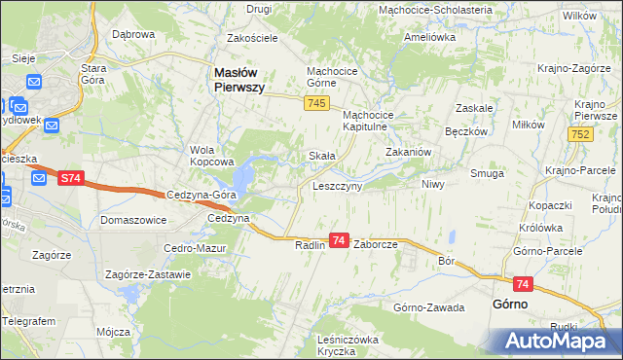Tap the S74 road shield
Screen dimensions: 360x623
[69, 178]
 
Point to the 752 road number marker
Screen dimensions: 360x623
[582, 134]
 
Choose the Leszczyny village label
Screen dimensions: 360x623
[337, 185]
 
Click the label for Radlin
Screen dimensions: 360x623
[311, 245]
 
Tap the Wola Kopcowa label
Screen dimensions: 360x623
[213, 156]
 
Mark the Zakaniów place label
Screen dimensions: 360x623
[409, 153]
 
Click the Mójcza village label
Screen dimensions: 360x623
[113, 332]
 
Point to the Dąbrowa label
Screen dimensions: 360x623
[133, 34]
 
